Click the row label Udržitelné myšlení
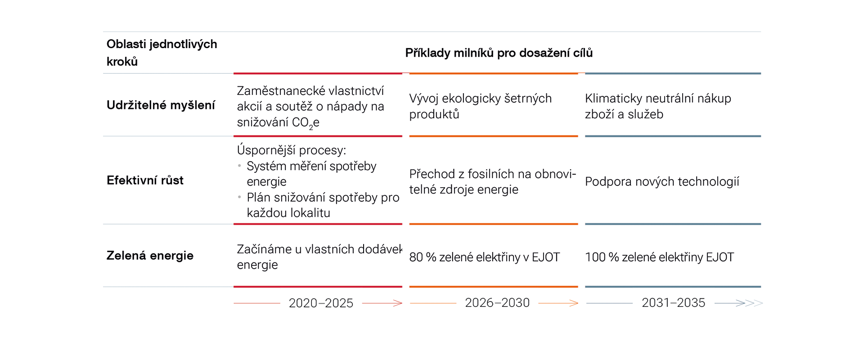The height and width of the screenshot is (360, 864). coord(161,105)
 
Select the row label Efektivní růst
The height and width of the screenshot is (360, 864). coord(145,180)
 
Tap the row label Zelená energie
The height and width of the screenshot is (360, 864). coord(150,256)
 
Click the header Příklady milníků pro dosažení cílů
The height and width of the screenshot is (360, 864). coord(499,53)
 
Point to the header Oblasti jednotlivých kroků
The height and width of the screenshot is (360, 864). coord(162,53)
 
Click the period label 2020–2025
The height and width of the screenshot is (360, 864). coord(321,303)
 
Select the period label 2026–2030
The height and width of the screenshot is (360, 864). coord(497,303)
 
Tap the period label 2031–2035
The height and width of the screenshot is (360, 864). coord(673,303)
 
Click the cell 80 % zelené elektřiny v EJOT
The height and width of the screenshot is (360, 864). coord(484,257)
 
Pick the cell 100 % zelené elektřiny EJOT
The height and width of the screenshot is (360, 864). coord(659,257)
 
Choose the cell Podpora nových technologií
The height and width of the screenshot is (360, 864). coord(662,182)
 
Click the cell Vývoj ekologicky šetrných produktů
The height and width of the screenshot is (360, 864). coord(480,106)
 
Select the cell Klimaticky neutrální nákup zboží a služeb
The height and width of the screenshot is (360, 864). coord(658,106)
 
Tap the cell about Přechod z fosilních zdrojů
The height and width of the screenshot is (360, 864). coord(492,182)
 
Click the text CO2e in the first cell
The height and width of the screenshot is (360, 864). coord(306,123)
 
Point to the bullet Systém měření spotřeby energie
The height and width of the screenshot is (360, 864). coord(311,174)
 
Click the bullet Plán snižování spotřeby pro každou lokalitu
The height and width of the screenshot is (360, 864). coord(323,205)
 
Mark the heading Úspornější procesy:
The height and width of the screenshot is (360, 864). coord(291,150)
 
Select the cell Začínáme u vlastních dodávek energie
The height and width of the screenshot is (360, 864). coord(319,257)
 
